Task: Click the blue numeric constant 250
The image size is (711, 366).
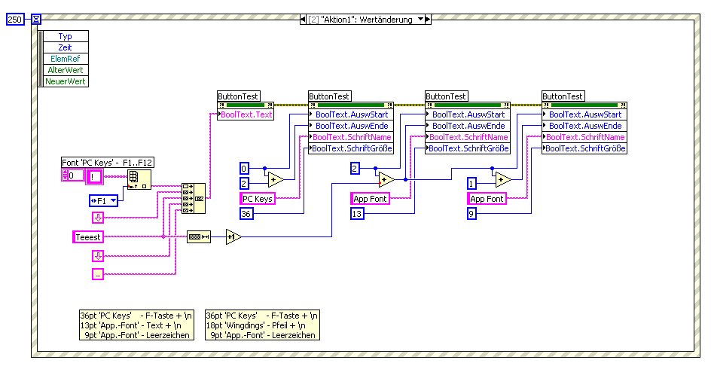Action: [x=15, y=20]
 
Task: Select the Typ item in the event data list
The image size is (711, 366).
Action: [x=66, y=36]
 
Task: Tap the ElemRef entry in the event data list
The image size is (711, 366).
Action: [x=66, y=59]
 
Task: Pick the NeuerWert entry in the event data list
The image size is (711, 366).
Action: [x=66, y=81]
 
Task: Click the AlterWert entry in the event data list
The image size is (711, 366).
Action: [x=66, y=70]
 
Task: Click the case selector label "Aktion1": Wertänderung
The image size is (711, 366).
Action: [x=365, y=20]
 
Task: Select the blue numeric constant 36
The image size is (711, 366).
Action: [x=246, y=214]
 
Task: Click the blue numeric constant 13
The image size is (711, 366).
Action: [x=358, y=214]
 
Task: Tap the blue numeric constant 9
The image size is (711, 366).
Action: [x=471, y=214]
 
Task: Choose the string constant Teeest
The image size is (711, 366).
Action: [x=87, y=237]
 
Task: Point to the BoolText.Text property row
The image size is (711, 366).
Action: [x=246, y=114]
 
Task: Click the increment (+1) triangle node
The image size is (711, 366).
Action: [x=233, y=237]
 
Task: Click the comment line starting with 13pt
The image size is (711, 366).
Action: [x=135, y=325]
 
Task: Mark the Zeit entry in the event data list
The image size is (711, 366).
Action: [x=66, y=47]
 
